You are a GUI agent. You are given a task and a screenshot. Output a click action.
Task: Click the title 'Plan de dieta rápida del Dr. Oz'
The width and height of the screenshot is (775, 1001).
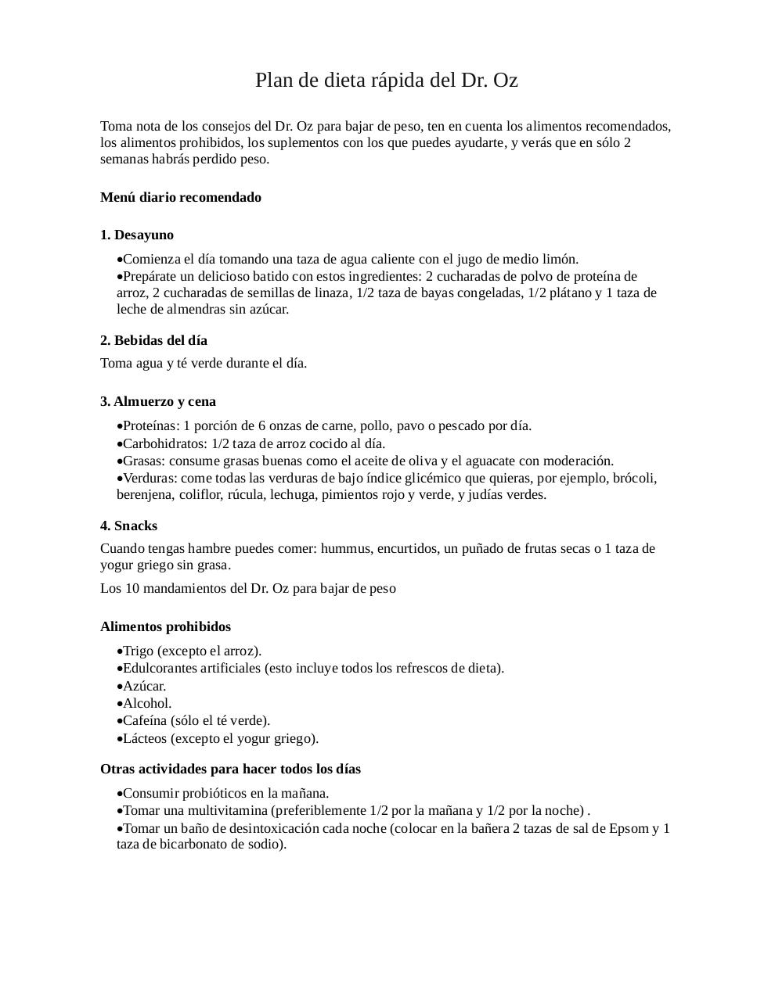click(386, 81)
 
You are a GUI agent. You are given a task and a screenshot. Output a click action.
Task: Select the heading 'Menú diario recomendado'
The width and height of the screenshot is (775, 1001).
click(181, 197)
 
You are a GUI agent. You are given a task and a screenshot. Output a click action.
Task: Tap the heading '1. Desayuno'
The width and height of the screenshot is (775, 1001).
click(137, 235)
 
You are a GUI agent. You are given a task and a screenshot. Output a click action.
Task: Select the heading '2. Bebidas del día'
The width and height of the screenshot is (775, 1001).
click(153, 340)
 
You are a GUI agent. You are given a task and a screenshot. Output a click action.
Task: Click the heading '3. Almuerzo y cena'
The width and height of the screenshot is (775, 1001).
click(158, 401)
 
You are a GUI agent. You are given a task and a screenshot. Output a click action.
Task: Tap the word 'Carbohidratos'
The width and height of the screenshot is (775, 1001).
click(163, 443)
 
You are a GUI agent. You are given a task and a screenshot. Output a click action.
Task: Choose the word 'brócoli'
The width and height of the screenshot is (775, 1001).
click(634, 478)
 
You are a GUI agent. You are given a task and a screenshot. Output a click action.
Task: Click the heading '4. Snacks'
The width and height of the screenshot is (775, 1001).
click(128, 526)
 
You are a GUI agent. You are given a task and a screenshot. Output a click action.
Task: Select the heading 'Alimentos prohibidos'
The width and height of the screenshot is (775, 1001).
click(165, 626)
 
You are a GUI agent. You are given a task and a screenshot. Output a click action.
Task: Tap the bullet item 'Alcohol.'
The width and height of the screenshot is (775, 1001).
click(146, 703)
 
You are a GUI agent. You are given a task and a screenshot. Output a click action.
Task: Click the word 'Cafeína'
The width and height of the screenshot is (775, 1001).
click(145, 720)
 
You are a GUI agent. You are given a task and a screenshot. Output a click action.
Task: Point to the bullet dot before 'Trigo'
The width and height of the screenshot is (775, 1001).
click(119, 651)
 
